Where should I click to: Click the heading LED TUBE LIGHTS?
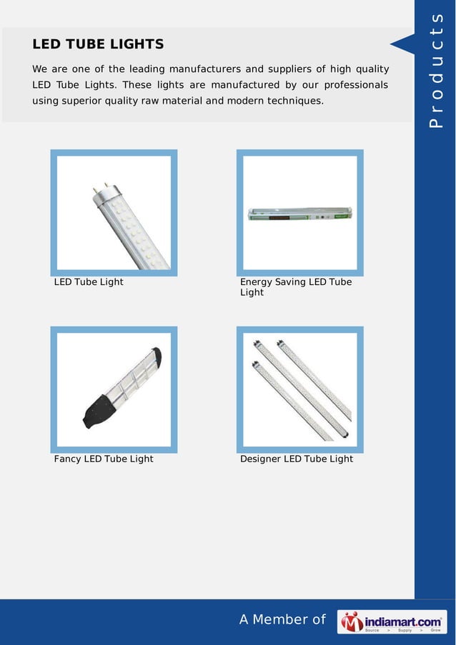98,44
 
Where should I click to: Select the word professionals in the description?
353,85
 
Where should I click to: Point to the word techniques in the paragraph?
294,101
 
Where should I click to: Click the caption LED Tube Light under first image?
89,282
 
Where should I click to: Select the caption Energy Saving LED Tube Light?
296,287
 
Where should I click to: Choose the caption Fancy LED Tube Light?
104,459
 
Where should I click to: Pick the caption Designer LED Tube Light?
297,459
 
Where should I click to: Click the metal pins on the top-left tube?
99,189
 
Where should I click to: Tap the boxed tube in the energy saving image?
299,214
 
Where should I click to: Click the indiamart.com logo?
392,621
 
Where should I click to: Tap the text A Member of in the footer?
282,620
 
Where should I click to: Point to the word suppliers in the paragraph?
289,69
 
